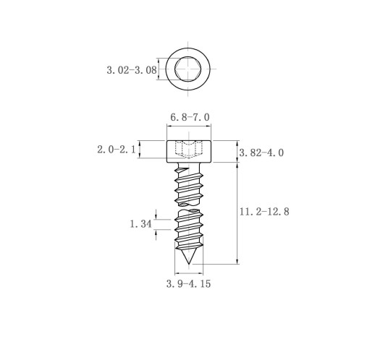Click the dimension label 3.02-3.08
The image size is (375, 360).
point(132,70)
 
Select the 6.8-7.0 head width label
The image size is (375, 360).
point(190,118)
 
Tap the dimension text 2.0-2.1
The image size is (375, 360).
point(117,150)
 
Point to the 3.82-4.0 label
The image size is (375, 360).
point(261,153)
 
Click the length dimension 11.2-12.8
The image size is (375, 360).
point(264,212)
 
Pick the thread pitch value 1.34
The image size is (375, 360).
point(141,224)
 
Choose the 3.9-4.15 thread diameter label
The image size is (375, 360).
point(188,284)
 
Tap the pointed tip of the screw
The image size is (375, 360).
point(188,264)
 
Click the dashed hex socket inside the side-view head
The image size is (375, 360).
point(189,149)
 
